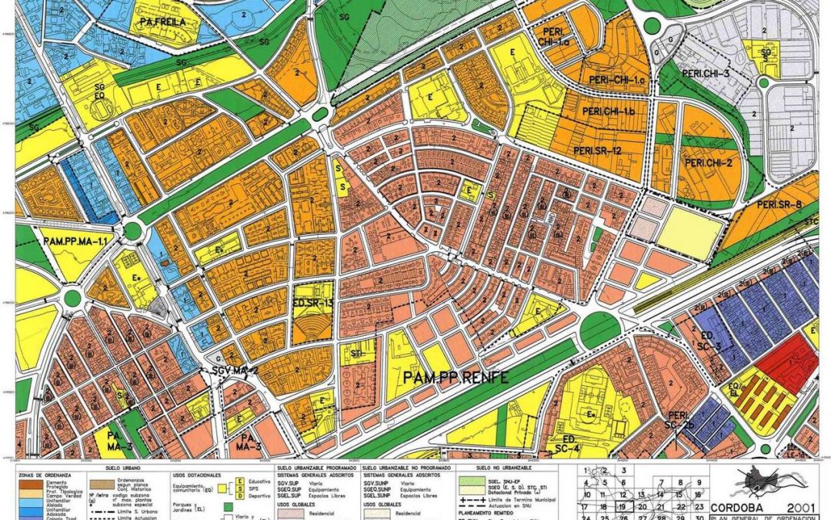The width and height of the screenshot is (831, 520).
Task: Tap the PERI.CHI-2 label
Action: pos(708,163)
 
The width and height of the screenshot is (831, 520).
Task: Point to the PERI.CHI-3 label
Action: pos(703,72)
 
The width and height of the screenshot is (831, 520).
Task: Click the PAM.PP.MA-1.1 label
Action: pos(74,243)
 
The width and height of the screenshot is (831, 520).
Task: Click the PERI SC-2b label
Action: pos(682,419)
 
